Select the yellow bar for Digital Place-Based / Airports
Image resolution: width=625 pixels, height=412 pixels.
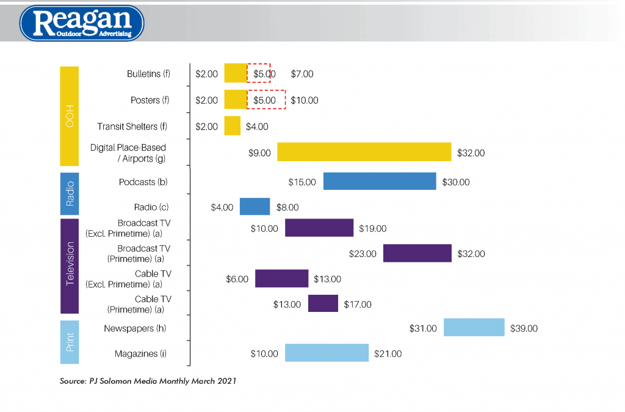click(x=364, y=152)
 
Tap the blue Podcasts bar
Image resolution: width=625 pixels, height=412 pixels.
click(x=380, y=181)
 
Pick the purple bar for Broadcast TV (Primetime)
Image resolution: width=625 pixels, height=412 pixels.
click(x=417, y=253)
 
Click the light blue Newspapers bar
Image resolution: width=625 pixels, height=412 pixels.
click(x=474, y=328)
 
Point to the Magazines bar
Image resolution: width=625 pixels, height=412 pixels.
click(x=327, y=353)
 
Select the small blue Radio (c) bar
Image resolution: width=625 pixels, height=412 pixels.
click(x=255, y=207)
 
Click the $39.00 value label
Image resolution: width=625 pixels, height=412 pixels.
click(x=524, y=328)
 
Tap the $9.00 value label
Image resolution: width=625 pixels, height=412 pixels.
click(x=259, y=153)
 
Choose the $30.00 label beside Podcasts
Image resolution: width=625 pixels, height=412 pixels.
click(x=456, y=182)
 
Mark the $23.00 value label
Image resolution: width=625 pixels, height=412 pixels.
click(x=363, y=253)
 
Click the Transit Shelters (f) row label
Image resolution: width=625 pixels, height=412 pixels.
click(x=132, y=126)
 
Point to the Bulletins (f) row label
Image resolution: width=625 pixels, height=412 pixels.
click(x=148, y=74)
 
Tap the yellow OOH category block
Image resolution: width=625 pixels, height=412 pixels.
click(x=70, y=116)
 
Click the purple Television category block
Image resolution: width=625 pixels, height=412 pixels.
click(x=70, y=264)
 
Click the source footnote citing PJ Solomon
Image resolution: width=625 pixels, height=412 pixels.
click(x=148, y=381)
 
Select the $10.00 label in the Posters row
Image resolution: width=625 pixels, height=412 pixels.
click(x=304, y=100)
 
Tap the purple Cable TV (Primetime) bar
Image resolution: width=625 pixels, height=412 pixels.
click(x=323, y=303)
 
